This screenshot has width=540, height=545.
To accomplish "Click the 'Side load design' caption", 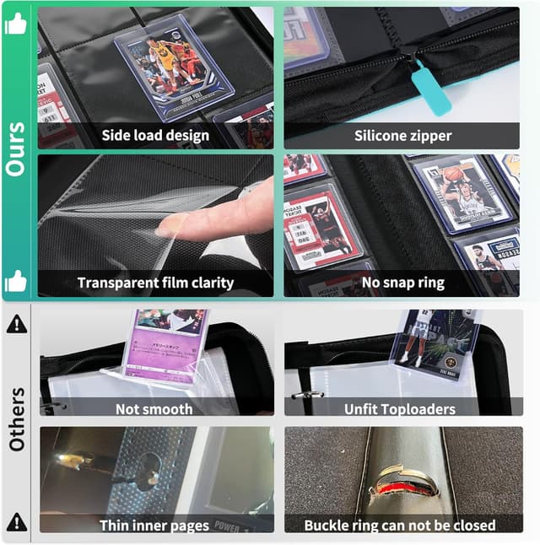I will [x=155, y=136].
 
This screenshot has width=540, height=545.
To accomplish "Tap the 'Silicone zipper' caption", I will [x=402, y=136].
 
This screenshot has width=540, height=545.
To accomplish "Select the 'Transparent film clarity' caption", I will [x=155, y=283].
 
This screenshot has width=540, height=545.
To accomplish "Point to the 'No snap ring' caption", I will [x=402, y=283].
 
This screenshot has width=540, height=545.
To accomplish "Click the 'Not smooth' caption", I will [x=154, y=409].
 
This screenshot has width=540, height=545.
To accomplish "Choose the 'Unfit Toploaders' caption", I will [x=400, y=409].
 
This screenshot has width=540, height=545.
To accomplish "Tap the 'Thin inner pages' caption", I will [x=154, y=525].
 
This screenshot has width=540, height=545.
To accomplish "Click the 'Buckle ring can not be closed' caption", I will [x=401, y=525].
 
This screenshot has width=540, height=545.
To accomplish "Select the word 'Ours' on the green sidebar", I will [x=15, y=150].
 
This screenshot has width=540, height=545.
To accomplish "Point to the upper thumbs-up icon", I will [x=15, y=24].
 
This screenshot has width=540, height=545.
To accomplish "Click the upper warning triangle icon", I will [x=15, y=323].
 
